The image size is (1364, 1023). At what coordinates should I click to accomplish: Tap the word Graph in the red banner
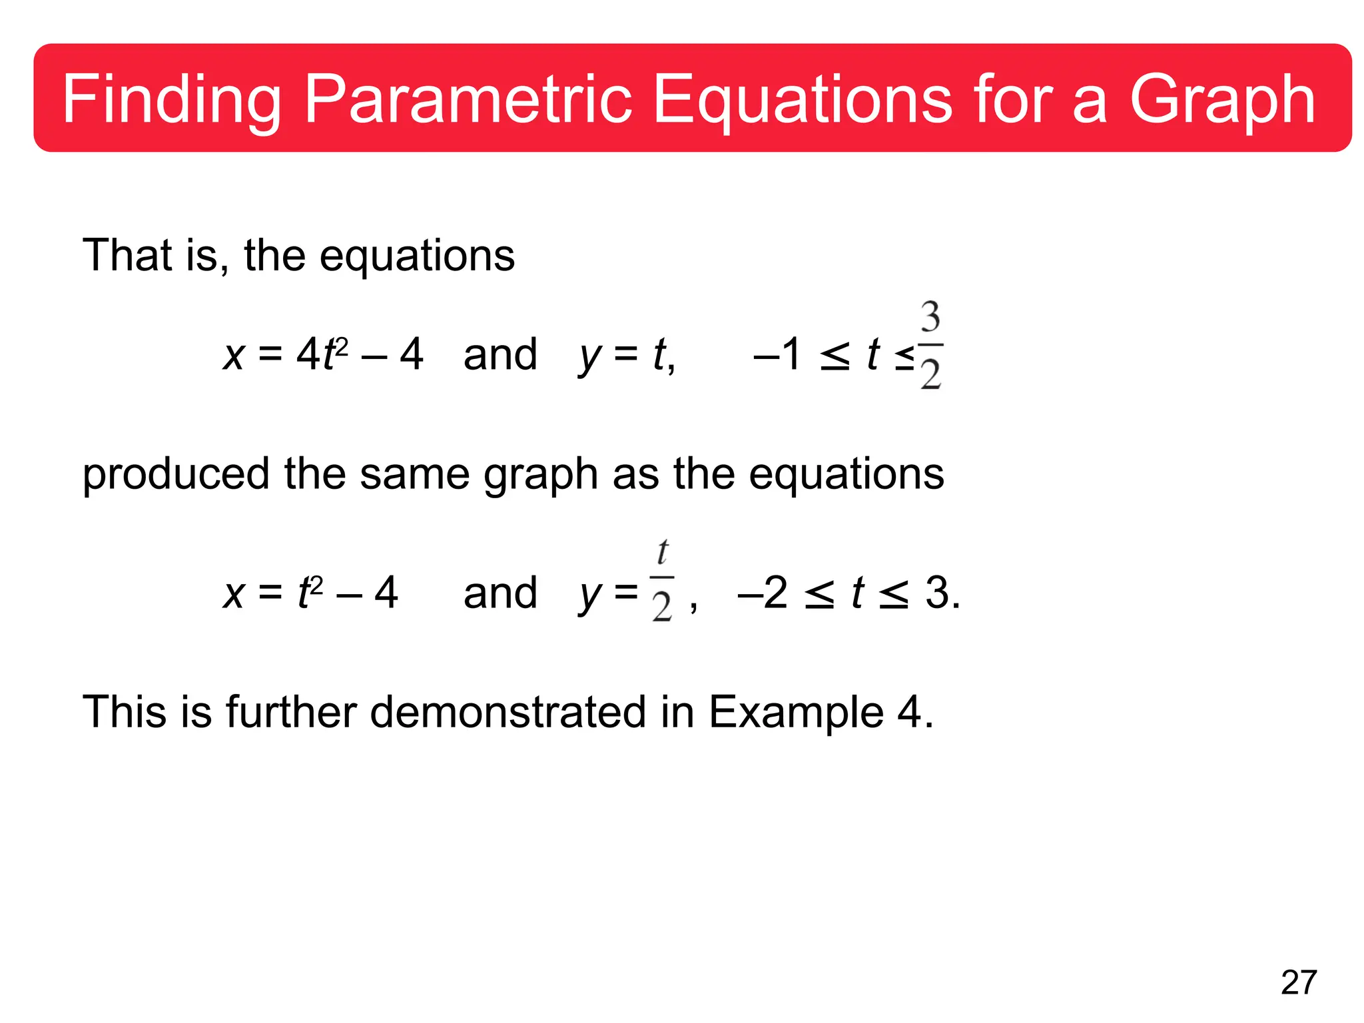[1222, 100]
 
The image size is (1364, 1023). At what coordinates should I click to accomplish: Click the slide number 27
[1299, 983]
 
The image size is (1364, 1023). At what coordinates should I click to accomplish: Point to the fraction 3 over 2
[930, 345]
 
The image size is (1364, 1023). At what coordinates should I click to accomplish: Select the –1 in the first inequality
[777, 354]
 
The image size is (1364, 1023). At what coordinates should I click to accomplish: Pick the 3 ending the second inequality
[938, 592]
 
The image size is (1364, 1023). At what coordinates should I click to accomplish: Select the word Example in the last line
[796, 711]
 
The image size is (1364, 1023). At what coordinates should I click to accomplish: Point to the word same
[414, 474]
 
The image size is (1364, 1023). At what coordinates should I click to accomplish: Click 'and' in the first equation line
[500, 354]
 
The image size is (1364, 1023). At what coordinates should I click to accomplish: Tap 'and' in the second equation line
[500, 592]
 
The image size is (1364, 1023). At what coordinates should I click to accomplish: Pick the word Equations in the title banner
[803, 100]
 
